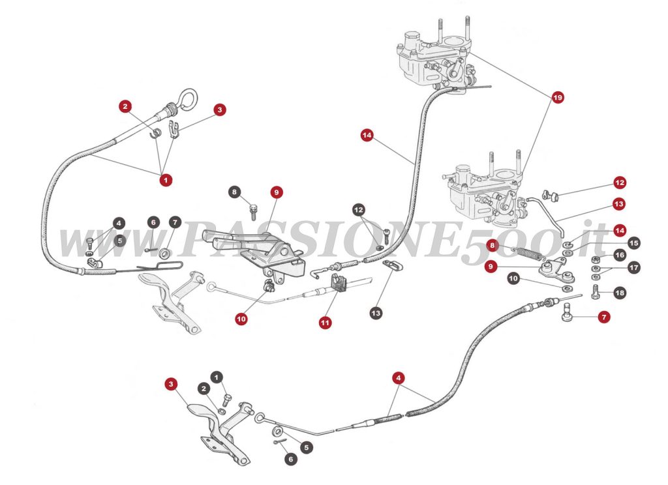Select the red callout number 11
tap(325, 322)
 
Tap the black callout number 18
tap(619, 293)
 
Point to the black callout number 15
tap(633, 243)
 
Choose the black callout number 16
tap(619, 255)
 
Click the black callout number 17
tap(633, 268)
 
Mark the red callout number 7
tap(604, 317)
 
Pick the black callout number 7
tap(174, 222)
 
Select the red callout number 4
tap(399, 377)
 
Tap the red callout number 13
tap(619, 204)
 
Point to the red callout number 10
tap(241, 319)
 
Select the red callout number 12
tap(619, 183)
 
